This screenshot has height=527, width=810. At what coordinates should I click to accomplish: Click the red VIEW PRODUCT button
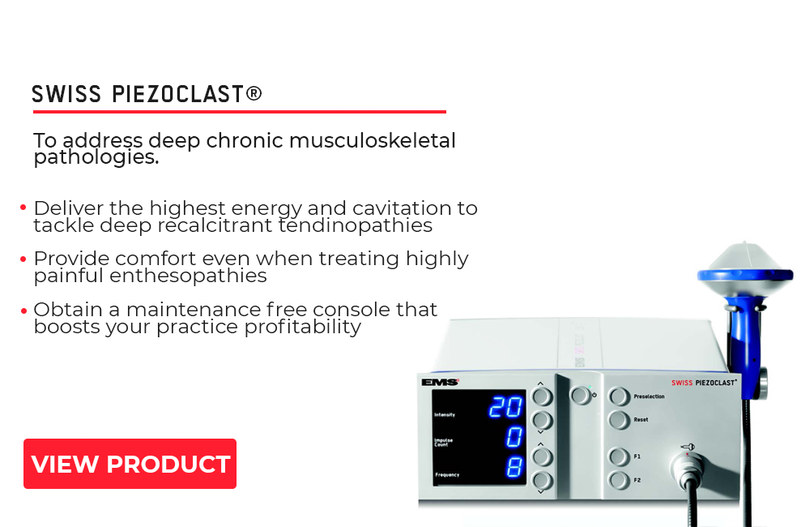tap(130, 464)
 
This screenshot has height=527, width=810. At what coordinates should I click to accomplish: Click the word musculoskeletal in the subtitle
tap(372, 140)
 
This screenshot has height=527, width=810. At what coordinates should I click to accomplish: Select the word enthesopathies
tap(188, 276)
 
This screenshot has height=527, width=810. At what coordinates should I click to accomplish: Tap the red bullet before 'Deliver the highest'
tap(23, 208)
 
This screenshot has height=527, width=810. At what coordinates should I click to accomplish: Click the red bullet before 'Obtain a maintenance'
tap(23, 311)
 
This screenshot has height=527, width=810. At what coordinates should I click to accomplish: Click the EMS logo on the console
tap(440, 382)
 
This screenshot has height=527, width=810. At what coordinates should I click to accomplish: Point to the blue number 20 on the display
tap(505, 406)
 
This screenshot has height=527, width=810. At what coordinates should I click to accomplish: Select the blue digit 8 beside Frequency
tap(514, 468)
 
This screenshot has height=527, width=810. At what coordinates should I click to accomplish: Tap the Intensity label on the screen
tap(444, 415)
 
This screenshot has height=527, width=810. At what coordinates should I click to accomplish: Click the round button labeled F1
tap(618, 456)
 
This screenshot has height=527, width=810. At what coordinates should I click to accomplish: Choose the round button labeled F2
tap(618, 481)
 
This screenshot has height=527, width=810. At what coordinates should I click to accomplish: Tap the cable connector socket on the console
tap(687, 468)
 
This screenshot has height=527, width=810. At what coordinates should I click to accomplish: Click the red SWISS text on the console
tap(681, 383)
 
